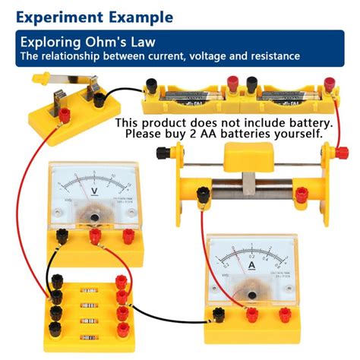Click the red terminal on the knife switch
[66, 115]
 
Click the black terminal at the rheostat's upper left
[162, 153]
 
